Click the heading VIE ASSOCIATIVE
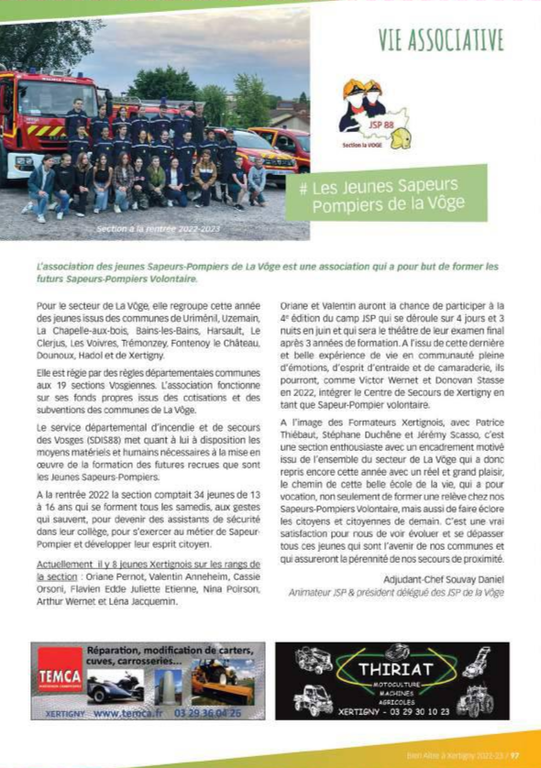pyautogui.click(x=440, y=39)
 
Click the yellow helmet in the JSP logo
pyautogui.click(x=400, y=138)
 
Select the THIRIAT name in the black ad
pyautogui.click(x=392, y=670)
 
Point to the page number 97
pyautogui.click(x=515, y=756)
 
